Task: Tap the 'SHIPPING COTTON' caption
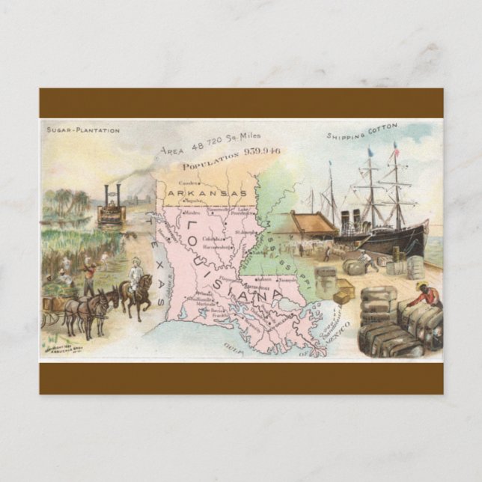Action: (x=362, y=132)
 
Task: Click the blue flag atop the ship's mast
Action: (x=369, y=153)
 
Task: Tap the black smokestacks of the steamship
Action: (x=349, y=219)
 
